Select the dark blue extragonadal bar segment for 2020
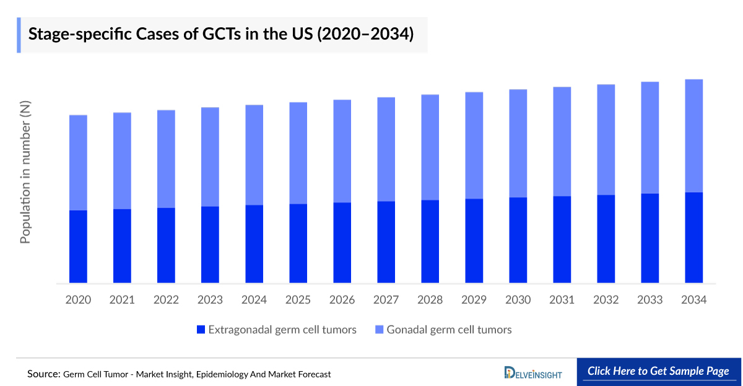78,247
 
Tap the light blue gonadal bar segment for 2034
693,136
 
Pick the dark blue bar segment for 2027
386,242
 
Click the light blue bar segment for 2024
254,155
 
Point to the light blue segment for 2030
518,143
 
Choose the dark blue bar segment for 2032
606,239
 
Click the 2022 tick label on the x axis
166,300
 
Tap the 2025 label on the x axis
298,300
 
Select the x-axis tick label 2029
474,300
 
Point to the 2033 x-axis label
650,300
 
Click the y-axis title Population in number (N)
25,173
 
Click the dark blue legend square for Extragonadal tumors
200,330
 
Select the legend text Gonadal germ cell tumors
449,330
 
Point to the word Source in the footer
43,374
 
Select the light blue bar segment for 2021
122,161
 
